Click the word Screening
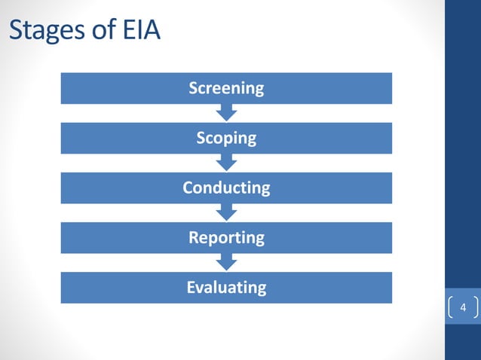pos(226,88)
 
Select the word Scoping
pos(226,138)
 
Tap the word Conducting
pos(226,188)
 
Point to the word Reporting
pos(226,237)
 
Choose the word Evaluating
pos(226,287)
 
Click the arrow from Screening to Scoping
pos(226,113)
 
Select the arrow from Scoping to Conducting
pos(226,163)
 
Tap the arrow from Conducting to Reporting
pos(226,212)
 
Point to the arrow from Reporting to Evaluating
pos(226,262)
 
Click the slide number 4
pos(463,308)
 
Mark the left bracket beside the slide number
pos(450,308)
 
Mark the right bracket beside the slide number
pos(476,308)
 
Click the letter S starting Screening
pos(193,88)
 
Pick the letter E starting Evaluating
pos(191,287)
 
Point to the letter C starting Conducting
pos(188,188)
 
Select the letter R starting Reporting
pos(193,237)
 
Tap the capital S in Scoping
pos(201,138)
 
